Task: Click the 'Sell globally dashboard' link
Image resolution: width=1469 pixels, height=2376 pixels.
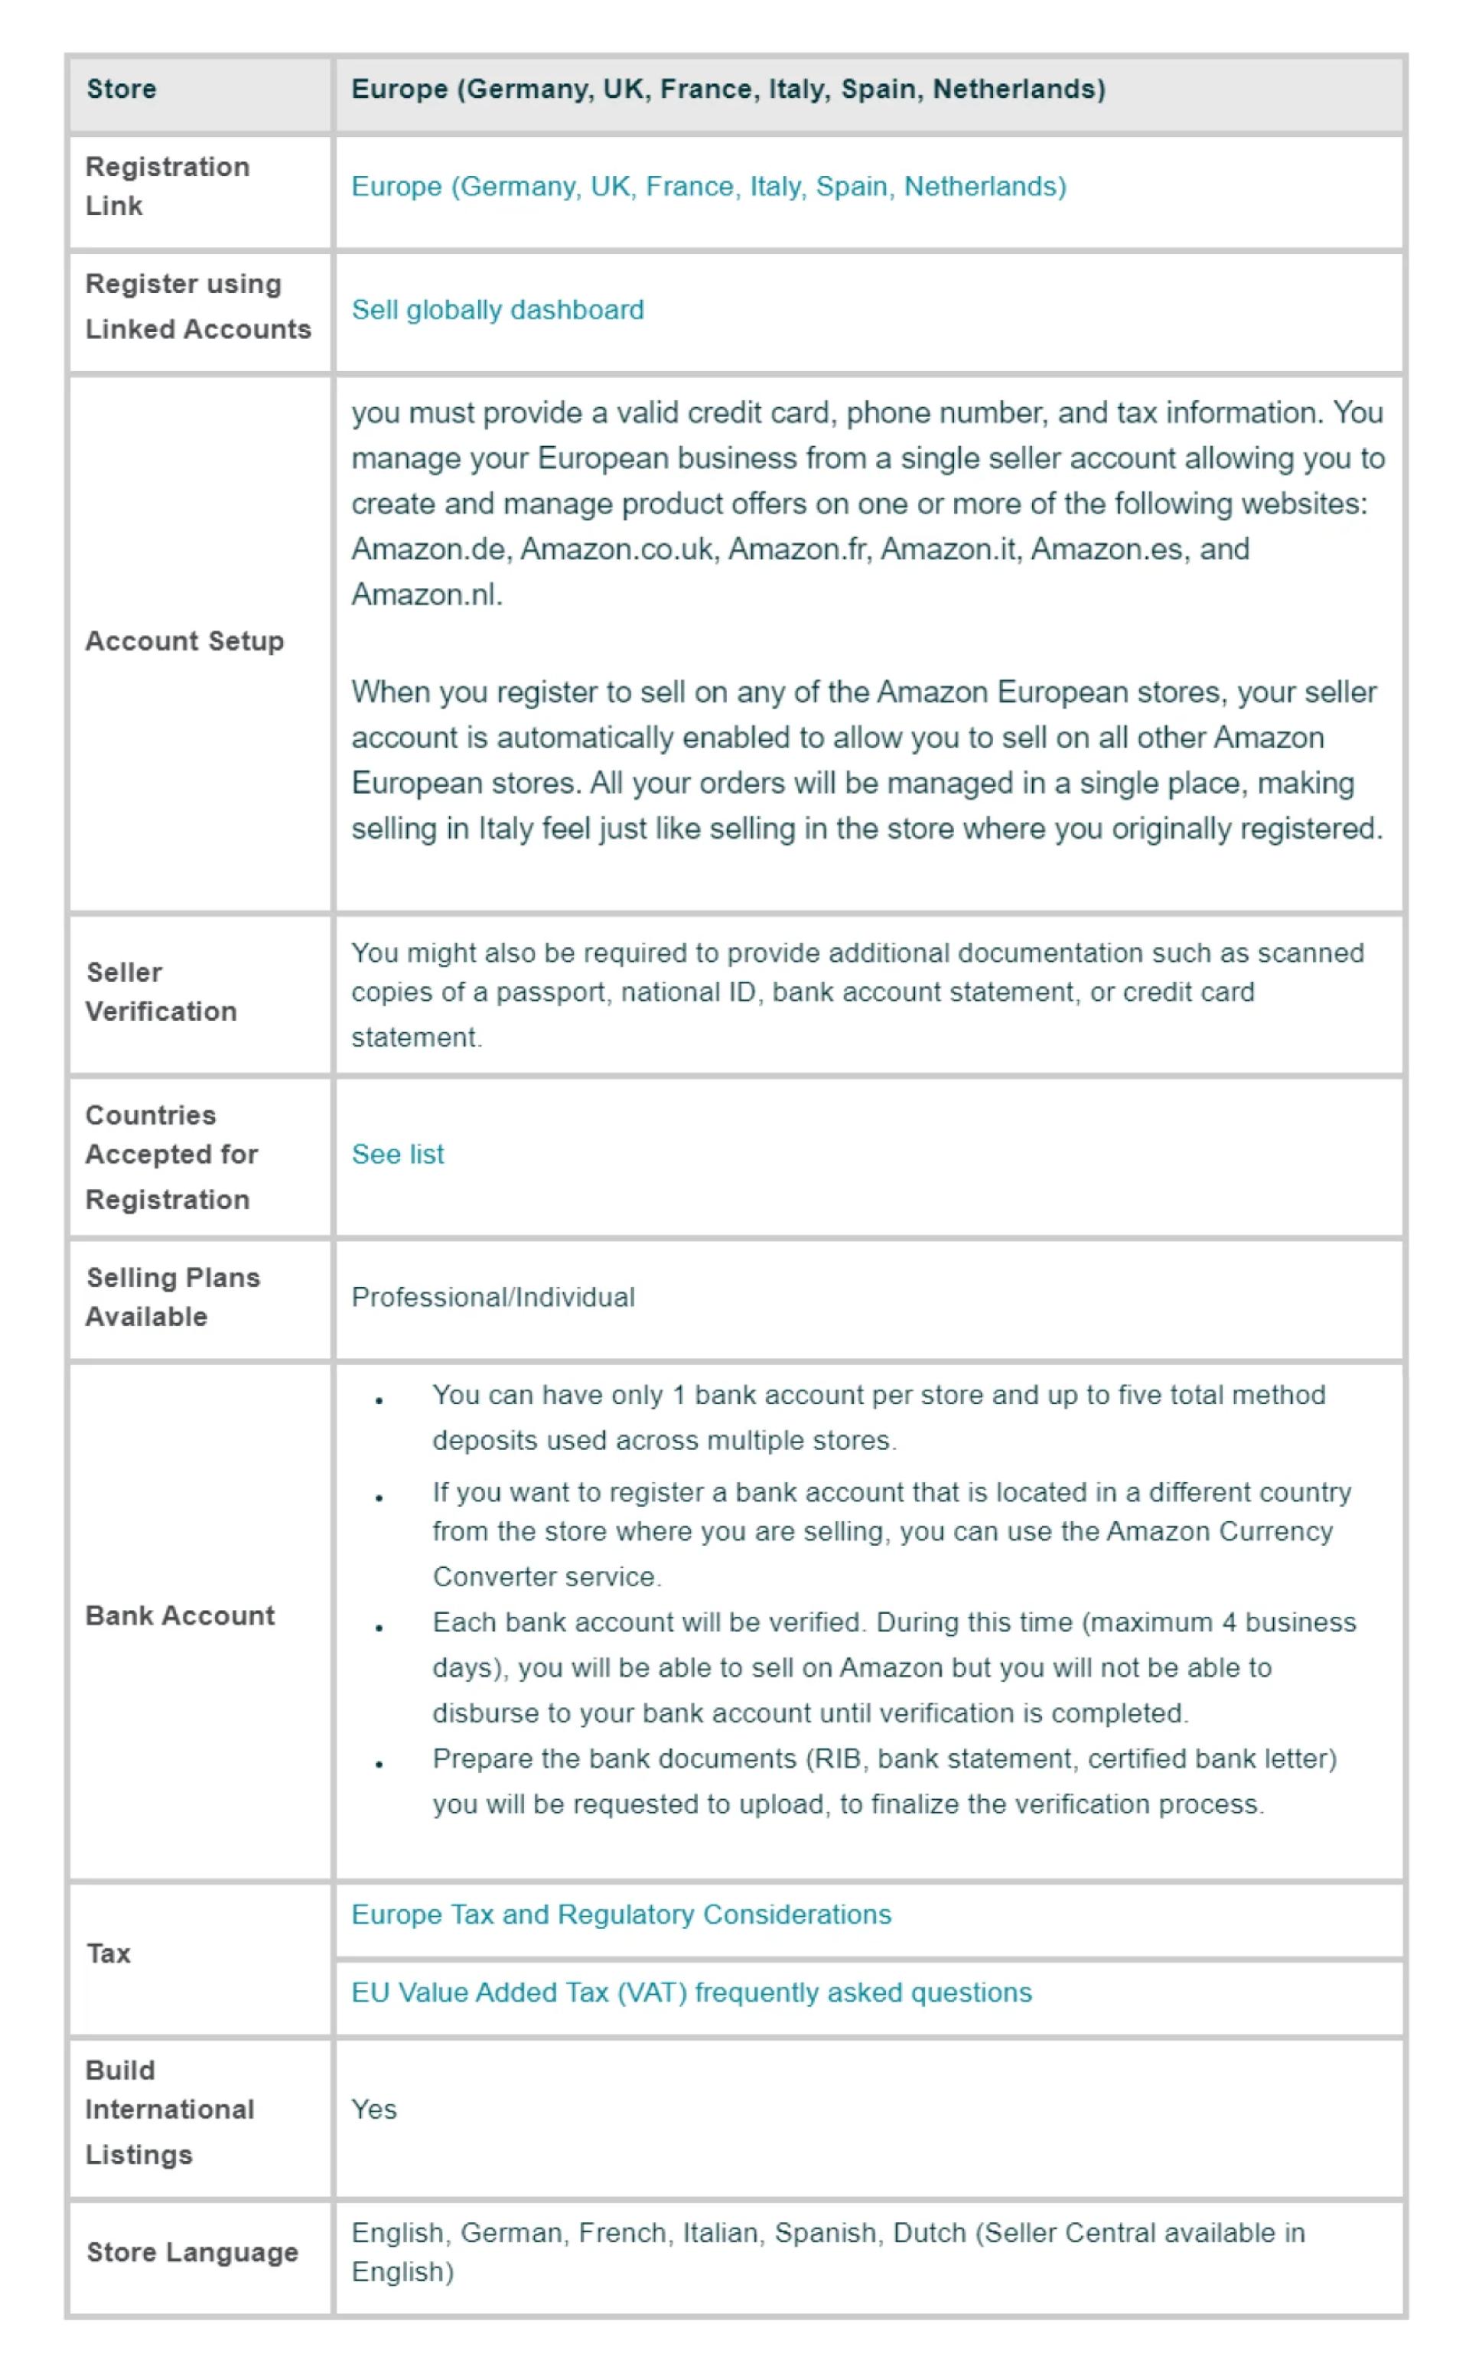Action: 497,310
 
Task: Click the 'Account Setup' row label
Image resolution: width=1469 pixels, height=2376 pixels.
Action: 184,641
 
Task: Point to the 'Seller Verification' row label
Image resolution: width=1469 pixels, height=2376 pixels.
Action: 161,991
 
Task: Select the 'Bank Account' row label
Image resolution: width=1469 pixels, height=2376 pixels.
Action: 180,1615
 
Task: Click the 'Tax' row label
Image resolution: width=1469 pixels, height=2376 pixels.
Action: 108,1954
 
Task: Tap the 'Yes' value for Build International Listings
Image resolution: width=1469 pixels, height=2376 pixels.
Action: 374,2109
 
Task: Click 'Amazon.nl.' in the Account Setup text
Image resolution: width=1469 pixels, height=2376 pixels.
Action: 426,595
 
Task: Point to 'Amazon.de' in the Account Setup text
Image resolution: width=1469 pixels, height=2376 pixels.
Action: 428,550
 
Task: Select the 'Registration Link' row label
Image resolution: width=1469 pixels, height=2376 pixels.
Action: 167,186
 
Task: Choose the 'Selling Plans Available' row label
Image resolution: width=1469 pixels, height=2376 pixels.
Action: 173,1296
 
